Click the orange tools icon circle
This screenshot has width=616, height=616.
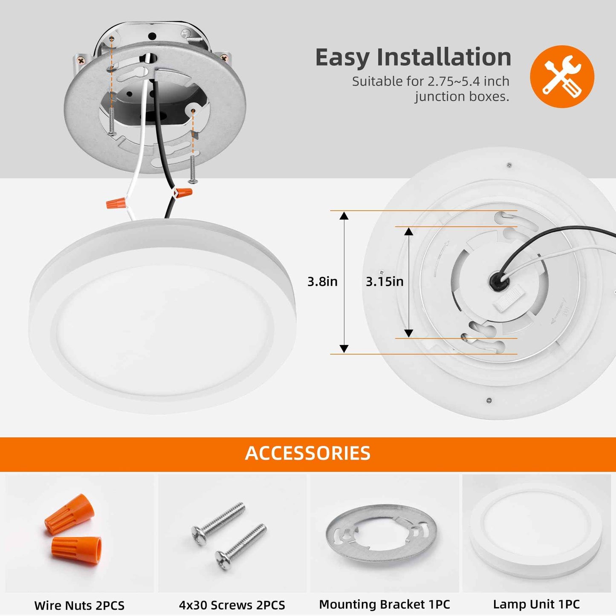coord(562,76)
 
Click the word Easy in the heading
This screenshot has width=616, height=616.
coord(342,58)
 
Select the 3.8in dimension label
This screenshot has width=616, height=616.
coord(322,281)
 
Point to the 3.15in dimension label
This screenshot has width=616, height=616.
coord(385,281)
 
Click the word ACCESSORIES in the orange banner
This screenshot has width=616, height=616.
coord(308,453)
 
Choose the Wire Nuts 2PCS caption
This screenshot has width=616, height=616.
coord(79,605)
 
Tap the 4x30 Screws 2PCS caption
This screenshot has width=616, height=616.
coord(232,605)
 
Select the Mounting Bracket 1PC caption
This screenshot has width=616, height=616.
coord(385,604)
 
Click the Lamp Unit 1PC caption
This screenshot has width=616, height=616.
coord(536,604)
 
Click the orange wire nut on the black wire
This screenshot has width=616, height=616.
coord(183,193)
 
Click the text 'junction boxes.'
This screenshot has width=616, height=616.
coord(462,97)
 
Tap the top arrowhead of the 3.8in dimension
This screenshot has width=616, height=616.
coord(344,215)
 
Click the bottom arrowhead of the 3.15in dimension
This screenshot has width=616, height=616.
coord(408,333)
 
